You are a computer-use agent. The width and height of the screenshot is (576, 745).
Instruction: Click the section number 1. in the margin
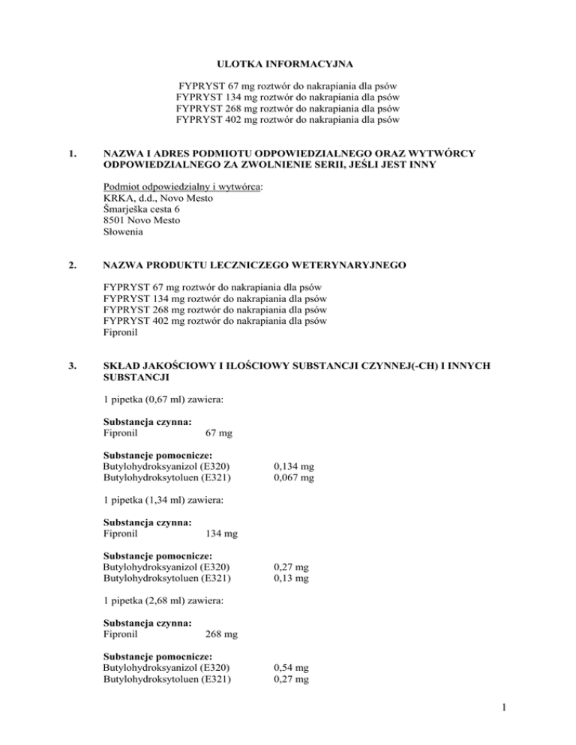73,155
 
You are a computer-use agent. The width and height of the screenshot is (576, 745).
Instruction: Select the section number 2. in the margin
73,265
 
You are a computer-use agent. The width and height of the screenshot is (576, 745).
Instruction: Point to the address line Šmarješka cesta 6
147,209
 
